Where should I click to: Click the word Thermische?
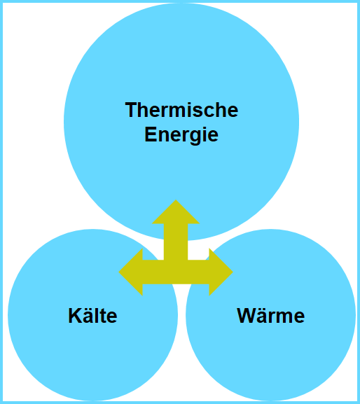[181, 110]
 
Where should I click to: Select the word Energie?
[181, 135]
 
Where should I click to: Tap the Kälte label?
[92, 315]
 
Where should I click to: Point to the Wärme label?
[270, 315]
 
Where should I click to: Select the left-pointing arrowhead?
[131, 272]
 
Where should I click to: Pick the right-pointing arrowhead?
[221, 272]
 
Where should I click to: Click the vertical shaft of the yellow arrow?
[176, 242]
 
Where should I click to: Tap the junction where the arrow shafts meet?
[176, 272]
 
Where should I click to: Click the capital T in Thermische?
[132, 110]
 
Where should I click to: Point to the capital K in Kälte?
[75, 316]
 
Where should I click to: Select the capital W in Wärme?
[247, 316]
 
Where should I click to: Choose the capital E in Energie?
[151, 134]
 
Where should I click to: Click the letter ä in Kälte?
[89, 316]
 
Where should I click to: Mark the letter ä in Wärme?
[263, 316]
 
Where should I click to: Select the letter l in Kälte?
[98, 316]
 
